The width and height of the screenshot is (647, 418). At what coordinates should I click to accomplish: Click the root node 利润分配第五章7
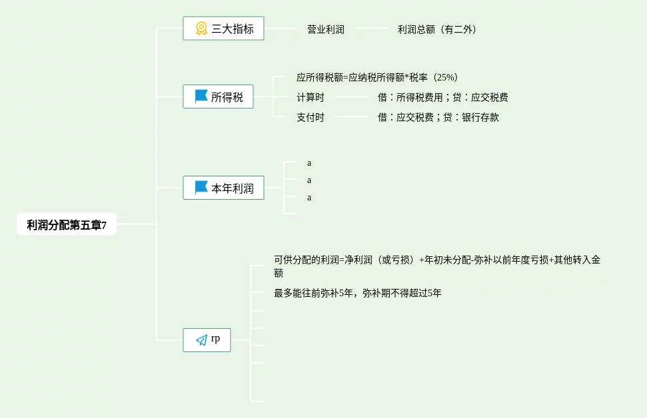(x=67, y=225)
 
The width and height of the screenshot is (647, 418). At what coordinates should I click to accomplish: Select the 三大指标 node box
(x=223, y=29)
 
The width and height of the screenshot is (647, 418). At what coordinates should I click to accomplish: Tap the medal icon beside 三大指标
(x=201, y=29)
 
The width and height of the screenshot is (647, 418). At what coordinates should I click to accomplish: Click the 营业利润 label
(x=326, y=29)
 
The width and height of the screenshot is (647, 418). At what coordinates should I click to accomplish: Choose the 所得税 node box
(x=218, y=97)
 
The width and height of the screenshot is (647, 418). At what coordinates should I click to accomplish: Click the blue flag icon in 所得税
(x=201, y=97)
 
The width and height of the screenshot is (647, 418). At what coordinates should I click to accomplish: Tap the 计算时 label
(x=311, y=97)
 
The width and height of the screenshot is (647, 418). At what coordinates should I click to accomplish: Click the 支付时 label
(x=311, y=117)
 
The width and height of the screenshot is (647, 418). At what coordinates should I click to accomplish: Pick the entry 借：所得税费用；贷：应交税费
(x=442, y=97)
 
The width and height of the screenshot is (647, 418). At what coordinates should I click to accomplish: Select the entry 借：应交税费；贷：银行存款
(x=438, y=117)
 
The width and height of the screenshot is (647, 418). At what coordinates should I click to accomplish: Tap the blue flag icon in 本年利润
(x=201, y=188)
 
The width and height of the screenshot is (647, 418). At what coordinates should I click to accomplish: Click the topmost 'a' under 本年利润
(x=309, y=162)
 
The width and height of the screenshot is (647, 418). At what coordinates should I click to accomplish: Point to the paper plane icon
(x=201, y=340)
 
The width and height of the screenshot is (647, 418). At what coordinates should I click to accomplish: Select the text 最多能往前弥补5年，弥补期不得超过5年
(x=357, y=292)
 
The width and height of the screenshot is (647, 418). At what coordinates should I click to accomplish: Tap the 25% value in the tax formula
(x=446, y=77)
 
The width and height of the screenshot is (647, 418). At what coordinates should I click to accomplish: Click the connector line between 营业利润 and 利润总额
(x=371, y=29)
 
